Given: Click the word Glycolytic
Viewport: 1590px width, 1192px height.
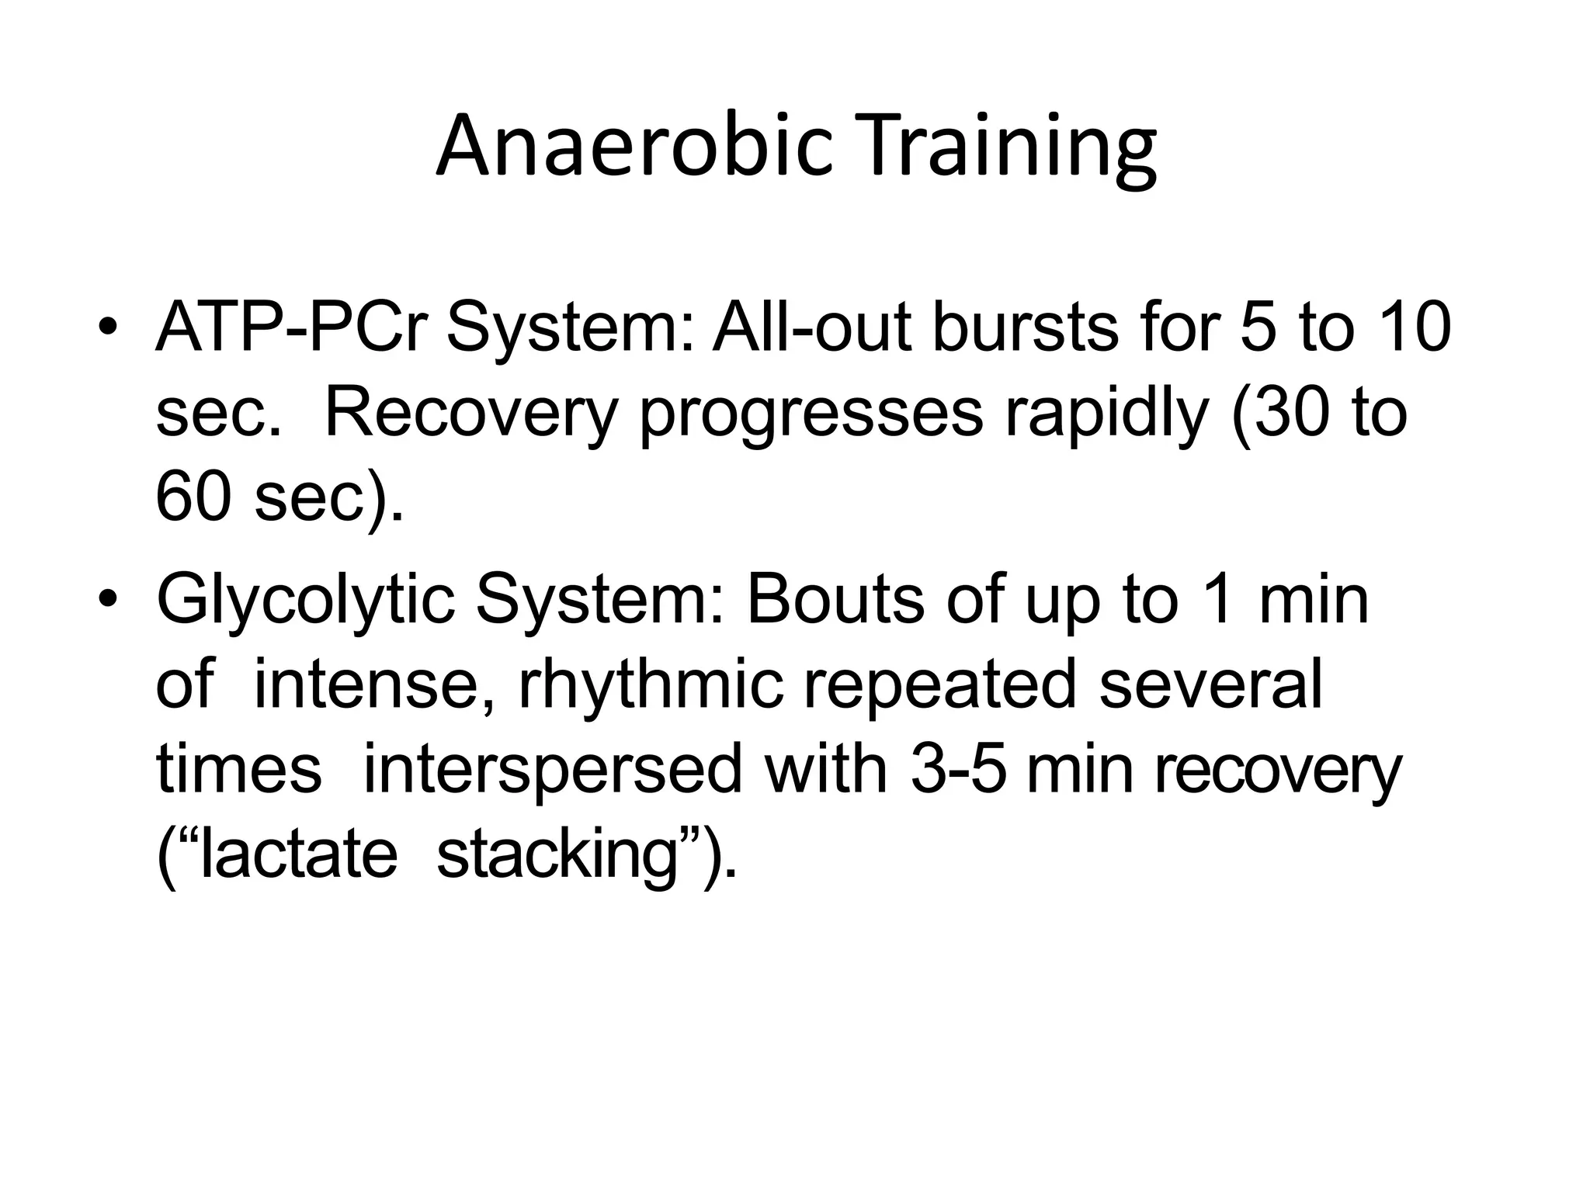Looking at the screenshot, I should click(306, 601).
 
